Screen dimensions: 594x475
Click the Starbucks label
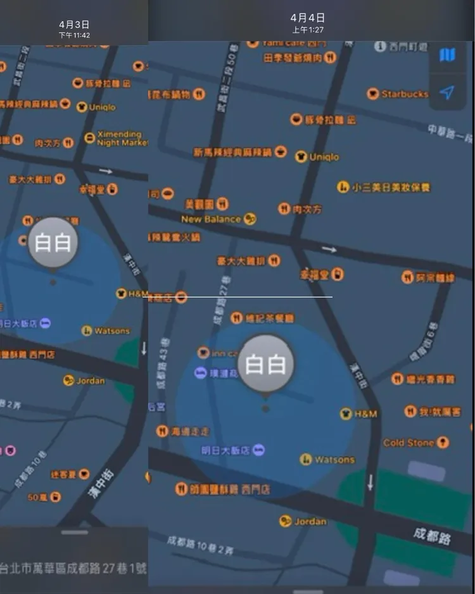(x=405, y=94)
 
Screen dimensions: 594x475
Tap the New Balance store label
(x=211, y=219)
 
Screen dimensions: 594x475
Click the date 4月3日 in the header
(x=74, y=25)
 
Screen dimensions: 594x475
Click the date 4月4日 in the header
(x=308, y=18)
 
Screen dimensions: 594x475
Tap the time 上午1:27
(x=308, y=30)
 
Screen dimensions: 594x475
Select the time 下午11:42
(x=74, y=35)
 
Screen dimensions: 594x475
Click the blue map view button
(x=447, y=55)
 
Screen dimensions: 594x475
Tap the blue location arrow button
(x=447, y=93)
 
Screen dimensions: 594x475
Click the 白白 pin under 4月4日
(x=265, y=365)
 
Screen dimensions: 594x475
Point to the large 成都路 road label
(x=432, y=536)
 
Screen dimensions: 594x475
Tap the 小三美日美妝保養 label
(x=391, y=187)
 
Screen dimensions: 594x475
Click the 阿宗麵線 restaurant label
(x=435, y=277)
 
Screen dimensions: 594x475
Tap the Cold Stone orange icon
(x=443, y=443)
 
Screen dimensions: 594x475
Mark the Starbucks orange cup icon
(x=373, y=94)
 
